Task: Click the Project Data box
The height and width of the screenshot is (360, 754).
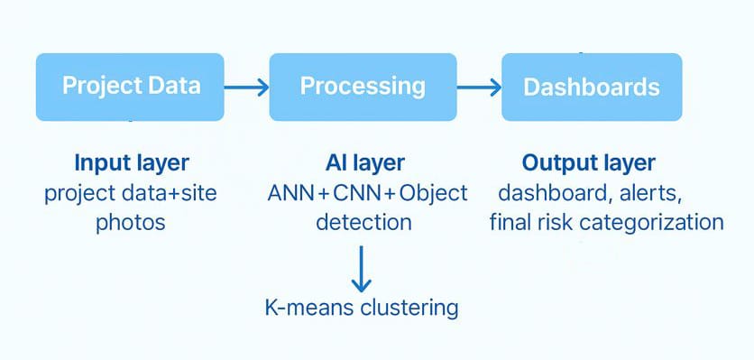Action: click(130, 88)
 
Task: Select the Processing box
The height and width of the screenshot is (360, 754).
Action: click(363, 88)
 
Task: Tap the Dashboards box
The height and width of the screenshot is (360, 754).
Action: click(592, 88)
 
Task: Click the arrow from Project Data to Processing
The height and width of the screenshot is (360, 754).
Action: click(246, 88)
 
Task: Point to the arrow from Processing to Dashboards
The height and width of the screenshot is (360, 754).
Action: click(479, 88)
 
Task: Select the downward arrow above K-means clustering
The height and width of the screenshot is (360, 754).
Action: click(361, 269)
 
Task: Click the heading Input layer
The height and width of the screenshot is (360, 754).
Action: click(132, 163)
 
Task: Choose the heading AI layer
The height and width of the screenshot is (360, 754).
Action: click(365, 163)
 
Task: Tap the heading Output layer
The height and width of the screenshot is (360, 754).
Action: click(589, 163)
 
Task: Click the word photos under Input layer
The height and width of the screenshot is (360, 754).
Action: click(131, 223)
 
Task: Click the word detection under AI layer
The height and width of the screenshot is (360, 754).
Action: click(364, 222)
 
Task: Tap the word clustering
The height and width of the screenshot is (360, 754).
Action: click(409, 308)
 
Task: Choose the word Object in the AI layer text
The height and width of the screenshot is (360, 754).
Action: click(433, 194)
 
